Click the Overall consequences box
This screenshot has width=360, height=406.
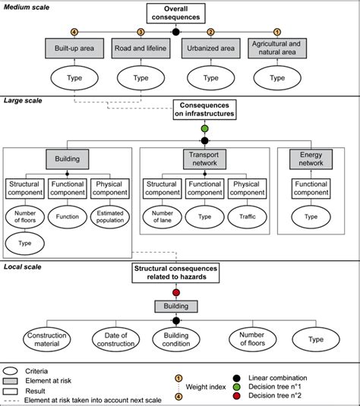[x=176, y=14]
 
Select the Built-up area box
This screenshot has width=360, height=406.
[x=74, y=49]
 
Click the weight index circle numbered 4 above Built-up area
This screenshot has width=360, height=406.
[x=74, y=32]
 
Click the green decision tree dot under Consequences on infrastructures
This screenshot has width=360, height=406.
[x=204, y=130]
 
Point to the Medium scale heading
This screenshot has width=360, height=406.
[x=27, y=6]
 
